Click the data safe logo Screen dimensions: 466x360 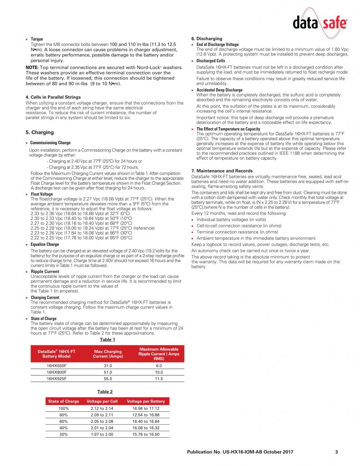[x=319, y=22]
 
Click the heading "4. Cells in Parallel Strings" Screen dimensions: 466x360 [x=53, y=97]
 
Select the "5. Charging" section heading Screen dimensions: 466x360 [x=40, y=132]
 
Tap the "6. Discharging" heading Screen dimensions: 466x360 [x=207, y=39]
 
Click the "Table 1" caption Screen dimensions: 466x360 [x=107, y=339]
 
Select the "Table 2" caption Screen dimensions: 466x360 [x=105, y=391]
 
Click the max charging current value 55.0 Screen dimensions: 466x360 [x=107, y=378]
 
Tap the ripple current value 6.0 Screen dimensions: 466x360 [x=159, y=365]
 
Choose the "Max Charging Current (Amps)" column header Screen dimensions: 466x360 [x=107, y=354]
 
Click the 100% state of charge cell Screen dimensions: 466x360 [x=63, y=409]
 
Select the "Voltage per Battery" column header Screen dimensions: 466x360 [x=146, y=401]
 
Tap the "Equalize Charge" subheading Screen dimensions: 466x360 [x=45, y=244]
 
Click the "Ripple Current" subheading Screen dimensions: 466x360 [x=45, y=272]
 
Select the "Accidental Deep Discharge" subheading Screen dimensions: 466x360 [x=219, y=90]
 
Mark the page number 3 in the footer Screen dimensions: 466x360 [x=336, y=451]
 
